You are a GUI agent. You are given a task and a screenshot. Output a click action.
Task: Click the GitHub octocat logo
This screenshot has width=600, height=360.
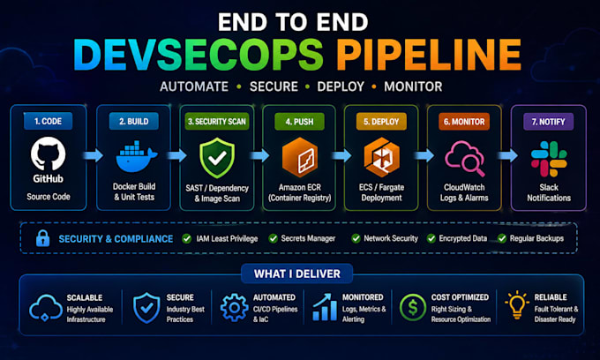coord(48,154)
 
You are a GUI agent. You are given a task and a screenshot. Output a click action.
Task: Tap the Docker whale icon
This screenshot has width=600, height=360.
coord(137,157)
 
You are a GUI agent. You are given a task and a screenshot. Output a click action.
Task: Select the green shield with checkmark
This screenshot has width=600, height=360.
coord(217,158)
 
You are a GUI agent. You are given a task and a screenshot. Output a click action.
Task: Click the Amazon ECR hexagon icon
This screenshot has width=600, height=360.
coord(300,158)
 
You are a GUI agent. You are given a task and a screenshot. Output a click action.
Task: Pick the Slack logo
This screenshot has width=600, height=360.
coord(549,159)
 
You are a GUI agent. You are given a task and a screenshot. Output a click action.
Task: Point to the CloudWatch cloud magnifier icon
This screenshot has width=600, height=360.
coord(464,159)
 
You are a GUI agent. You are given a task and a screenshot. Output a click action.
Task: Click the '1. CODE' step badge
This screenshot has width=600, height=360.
coord(48,121)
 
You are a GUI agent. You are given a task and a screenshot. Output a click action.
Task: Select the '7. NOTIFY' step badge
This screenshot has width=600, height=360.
coord(548,122)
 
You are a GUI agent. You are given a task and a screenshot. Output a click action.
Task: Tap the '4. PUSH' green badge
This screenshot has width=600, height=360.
coord(299,122)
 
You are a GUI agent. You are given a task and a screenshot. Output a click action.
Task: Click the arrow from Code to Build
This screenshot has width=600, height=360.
coord(93,155)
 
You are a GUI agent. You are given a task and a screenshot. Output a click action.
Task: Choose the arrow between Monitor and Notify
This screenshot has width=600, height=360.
coord(507,155)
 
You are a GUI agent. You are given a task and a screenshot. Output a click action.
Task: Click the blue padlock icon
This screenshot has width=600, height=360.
coord(43,238)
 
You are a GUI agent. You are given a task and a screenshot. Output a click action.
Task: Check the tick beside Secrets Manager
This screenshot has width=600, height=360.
coord(273,239)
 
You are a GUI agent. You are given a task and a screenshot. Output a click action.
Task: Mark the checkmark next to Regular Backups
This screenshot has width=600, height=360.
coord(502,239)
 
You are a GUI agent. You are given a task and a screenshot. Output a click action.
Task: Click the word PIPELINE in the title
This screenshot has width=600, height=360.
coord(429,55)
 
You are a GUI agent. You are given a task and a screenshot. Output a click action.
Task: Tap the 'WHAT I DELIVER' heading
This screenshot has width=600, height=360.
coord(297,274)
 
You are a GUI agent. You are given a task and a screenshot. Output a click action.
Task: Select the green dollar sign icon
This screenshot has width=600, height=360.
coord(413,307)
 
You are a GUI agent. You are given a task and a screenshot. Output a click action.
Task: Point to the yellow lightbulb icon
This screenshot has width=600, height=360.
coord(517,305)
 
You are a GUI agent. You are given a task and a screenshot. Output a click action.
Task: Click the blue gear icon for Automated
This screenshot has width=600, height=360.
coord(234,307)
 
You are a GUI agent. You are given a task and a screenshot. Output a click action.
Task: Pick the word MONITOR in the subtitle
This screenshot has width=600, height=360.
coord(413,86)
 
